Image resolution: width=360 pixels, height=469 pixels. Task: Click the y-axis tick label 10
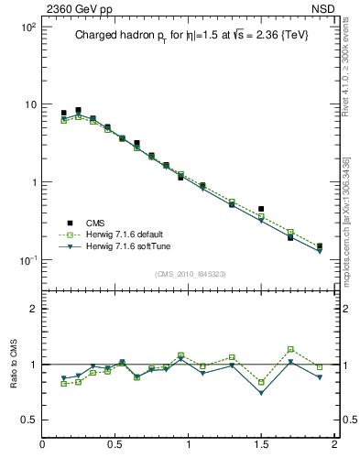[28, 104]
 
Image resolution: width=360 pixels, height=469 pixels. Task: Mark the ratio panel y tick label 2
[33, 309]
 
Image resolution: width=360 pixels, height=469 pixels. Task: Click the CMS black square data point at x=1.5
[261, 209]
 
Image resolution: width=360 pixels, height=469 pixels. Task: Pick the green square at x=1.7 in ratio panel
[290, 349]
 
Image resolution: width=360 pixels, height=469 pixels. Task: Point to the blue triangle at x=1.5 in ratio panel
[261, 393]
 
